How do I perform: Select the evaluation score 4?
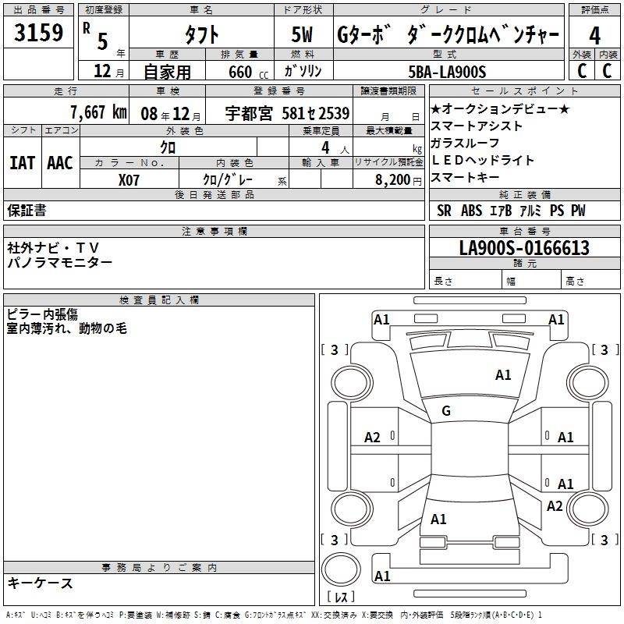click(x=594, y=35)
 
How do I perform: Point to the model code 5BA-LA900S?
click(x=448, y=72)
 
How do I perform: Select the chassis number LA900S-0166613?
click(x=524, y=249)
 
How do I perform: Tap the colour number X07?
click(x=129, y=179)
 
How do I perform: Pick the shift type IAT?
click(x=22, y=163)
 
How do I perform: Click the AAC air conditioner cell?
click(x=60, y=163)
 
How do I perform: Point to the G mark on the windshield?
click(x=446, y=411)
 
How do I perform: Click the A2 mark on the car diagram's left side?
click(x=373, y=438)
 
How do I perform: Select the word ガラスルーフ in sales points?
click(x=465, y=143)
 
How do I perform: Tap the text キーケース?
click(x=41, y=583)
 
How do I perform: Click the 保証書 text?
click(x=27, y=211)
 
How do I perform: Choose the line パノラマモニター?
click(x=60, y=263)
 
